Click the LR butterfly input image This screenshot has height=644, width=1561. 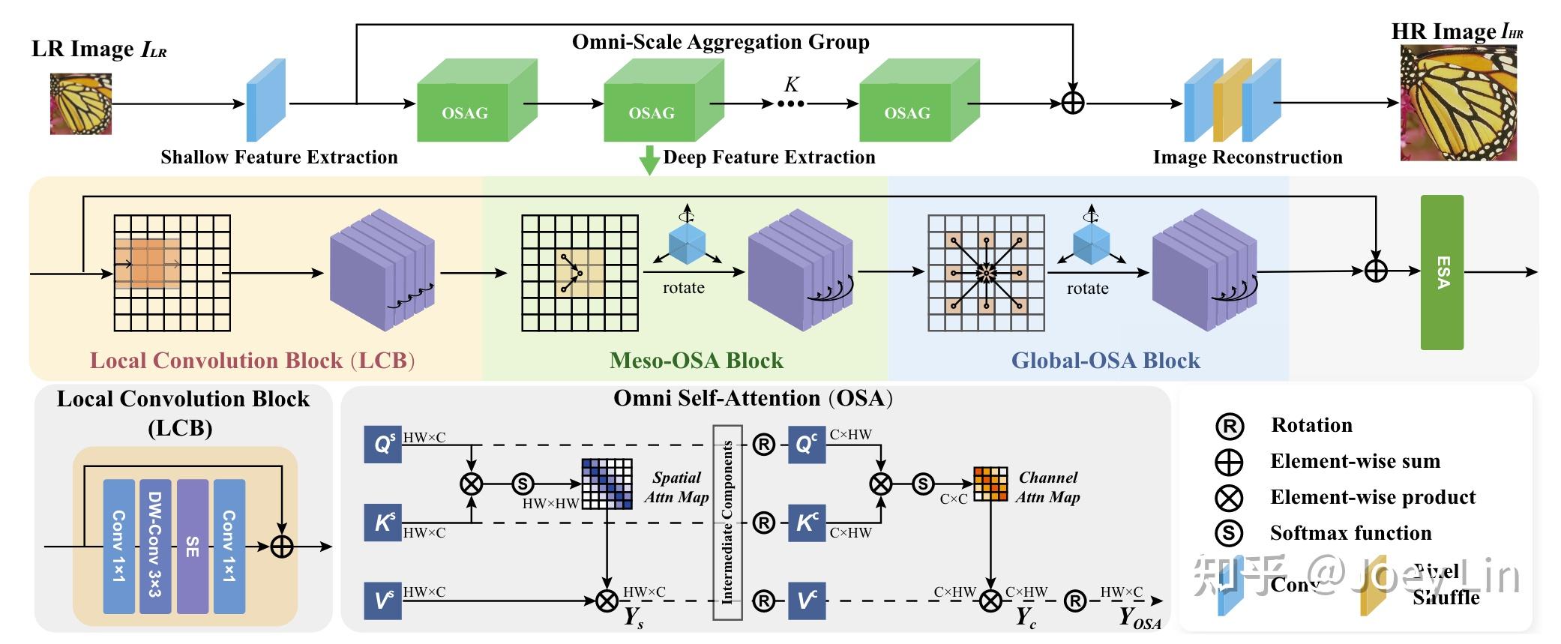click(x=80, y=104)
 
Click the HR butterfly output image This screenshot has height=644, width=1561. click(x=1458, y=103)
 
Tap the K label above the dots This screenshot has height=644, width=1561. click(x=791, y=84)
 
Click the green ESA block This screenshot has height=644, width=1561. click(x=1442, y=272)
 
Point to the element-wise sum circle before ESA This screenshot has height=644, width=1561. click(x=1376, y=271)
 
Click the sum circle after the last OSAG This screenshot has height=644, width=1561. click(x=1073, y=103)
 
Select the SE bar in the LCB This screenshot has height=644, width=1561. click(x=192, y=546)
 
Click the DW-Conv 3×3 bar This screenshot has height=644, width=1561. click(x=155, y=546)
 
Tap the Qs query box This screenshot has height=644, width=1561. click(x=382, y=445)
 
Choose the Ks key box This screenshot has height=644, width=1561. click(x=382, y=523)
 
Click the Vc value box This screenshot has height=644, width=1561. click(x=807, y=601)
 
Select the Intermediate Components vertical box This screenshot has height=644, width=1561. click(x=727, y=522)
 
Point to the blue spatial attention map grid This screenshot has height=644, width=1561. click(x=607, y=484)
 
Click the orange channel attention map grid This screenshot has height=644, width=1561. click(x=990, y=484)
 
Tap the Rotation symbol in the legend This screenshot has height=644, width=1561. click(x=1229, y=426)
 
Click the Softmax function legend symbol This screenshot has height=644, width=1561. click(x=1229, y=533)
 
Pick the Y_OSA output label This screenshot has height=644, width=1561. click(x=1139, y=618)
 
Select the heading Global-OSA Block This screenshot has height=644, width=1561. click(x=1105, y=361)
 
